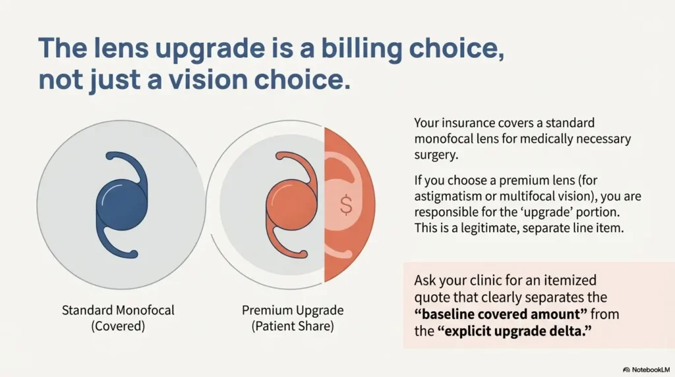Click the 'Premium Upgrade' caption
pos(293,310)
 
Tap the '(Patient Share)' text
pos(293,326)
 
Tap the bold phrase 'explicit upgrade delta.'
pos(513,331)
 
